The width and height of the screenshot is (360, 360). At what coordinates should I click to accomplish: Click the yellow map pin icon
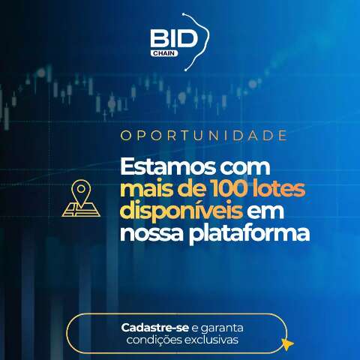click(x=80, y=198)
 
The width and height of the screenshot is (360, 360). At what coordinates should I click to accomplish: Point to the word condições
click(x=147, y=340)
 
